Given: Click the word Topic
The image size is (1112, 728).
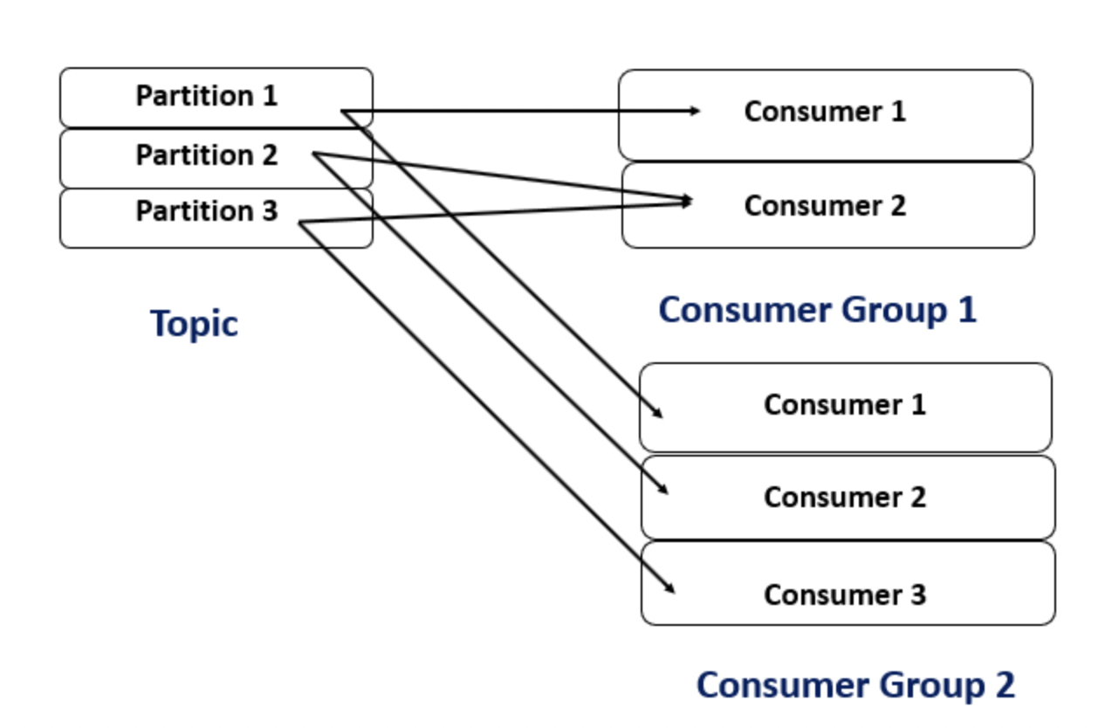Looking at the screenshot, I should [194, 323].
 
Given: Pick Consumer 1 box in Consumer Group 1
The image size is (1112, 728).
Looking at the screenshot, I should [825, 113].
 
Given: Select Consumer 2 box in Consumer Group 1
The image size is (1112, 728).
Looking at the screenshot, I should [827, 206].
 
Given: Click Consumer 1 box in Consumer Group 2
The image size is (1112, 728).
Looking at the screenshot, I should [845, 406].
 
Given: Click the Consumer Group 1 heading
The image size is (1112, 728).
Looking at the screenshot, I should [817, 310].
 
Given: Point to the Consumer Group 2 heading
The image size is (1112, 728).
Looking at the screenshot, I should [855, 685].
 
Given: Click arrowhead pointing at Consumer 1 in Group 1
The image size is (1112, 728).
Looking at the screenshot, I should [696, 111].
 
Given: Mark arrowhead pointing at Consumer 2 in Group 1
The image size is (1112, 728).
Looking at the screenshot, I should [687, 201].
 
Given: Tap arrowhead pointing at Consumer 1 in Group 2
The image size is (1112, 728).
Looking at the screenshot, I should [658, 414].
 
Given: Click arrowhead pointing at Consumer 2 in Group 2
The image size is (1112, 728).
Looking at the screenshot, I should [662, 490].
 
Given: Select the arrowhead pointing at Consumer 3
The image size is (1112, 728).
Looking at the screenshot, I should [669, 588].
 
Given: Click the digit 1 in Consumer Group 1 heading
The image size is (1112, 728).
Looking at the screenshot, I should [966, 310].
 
